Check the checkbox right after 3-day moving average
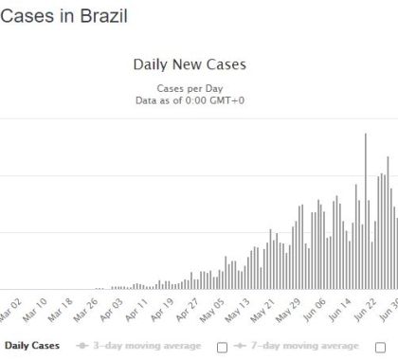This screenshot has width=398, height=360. click(223, 346)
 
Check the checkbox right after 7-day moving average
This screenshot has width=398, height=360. click(380, 346)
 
